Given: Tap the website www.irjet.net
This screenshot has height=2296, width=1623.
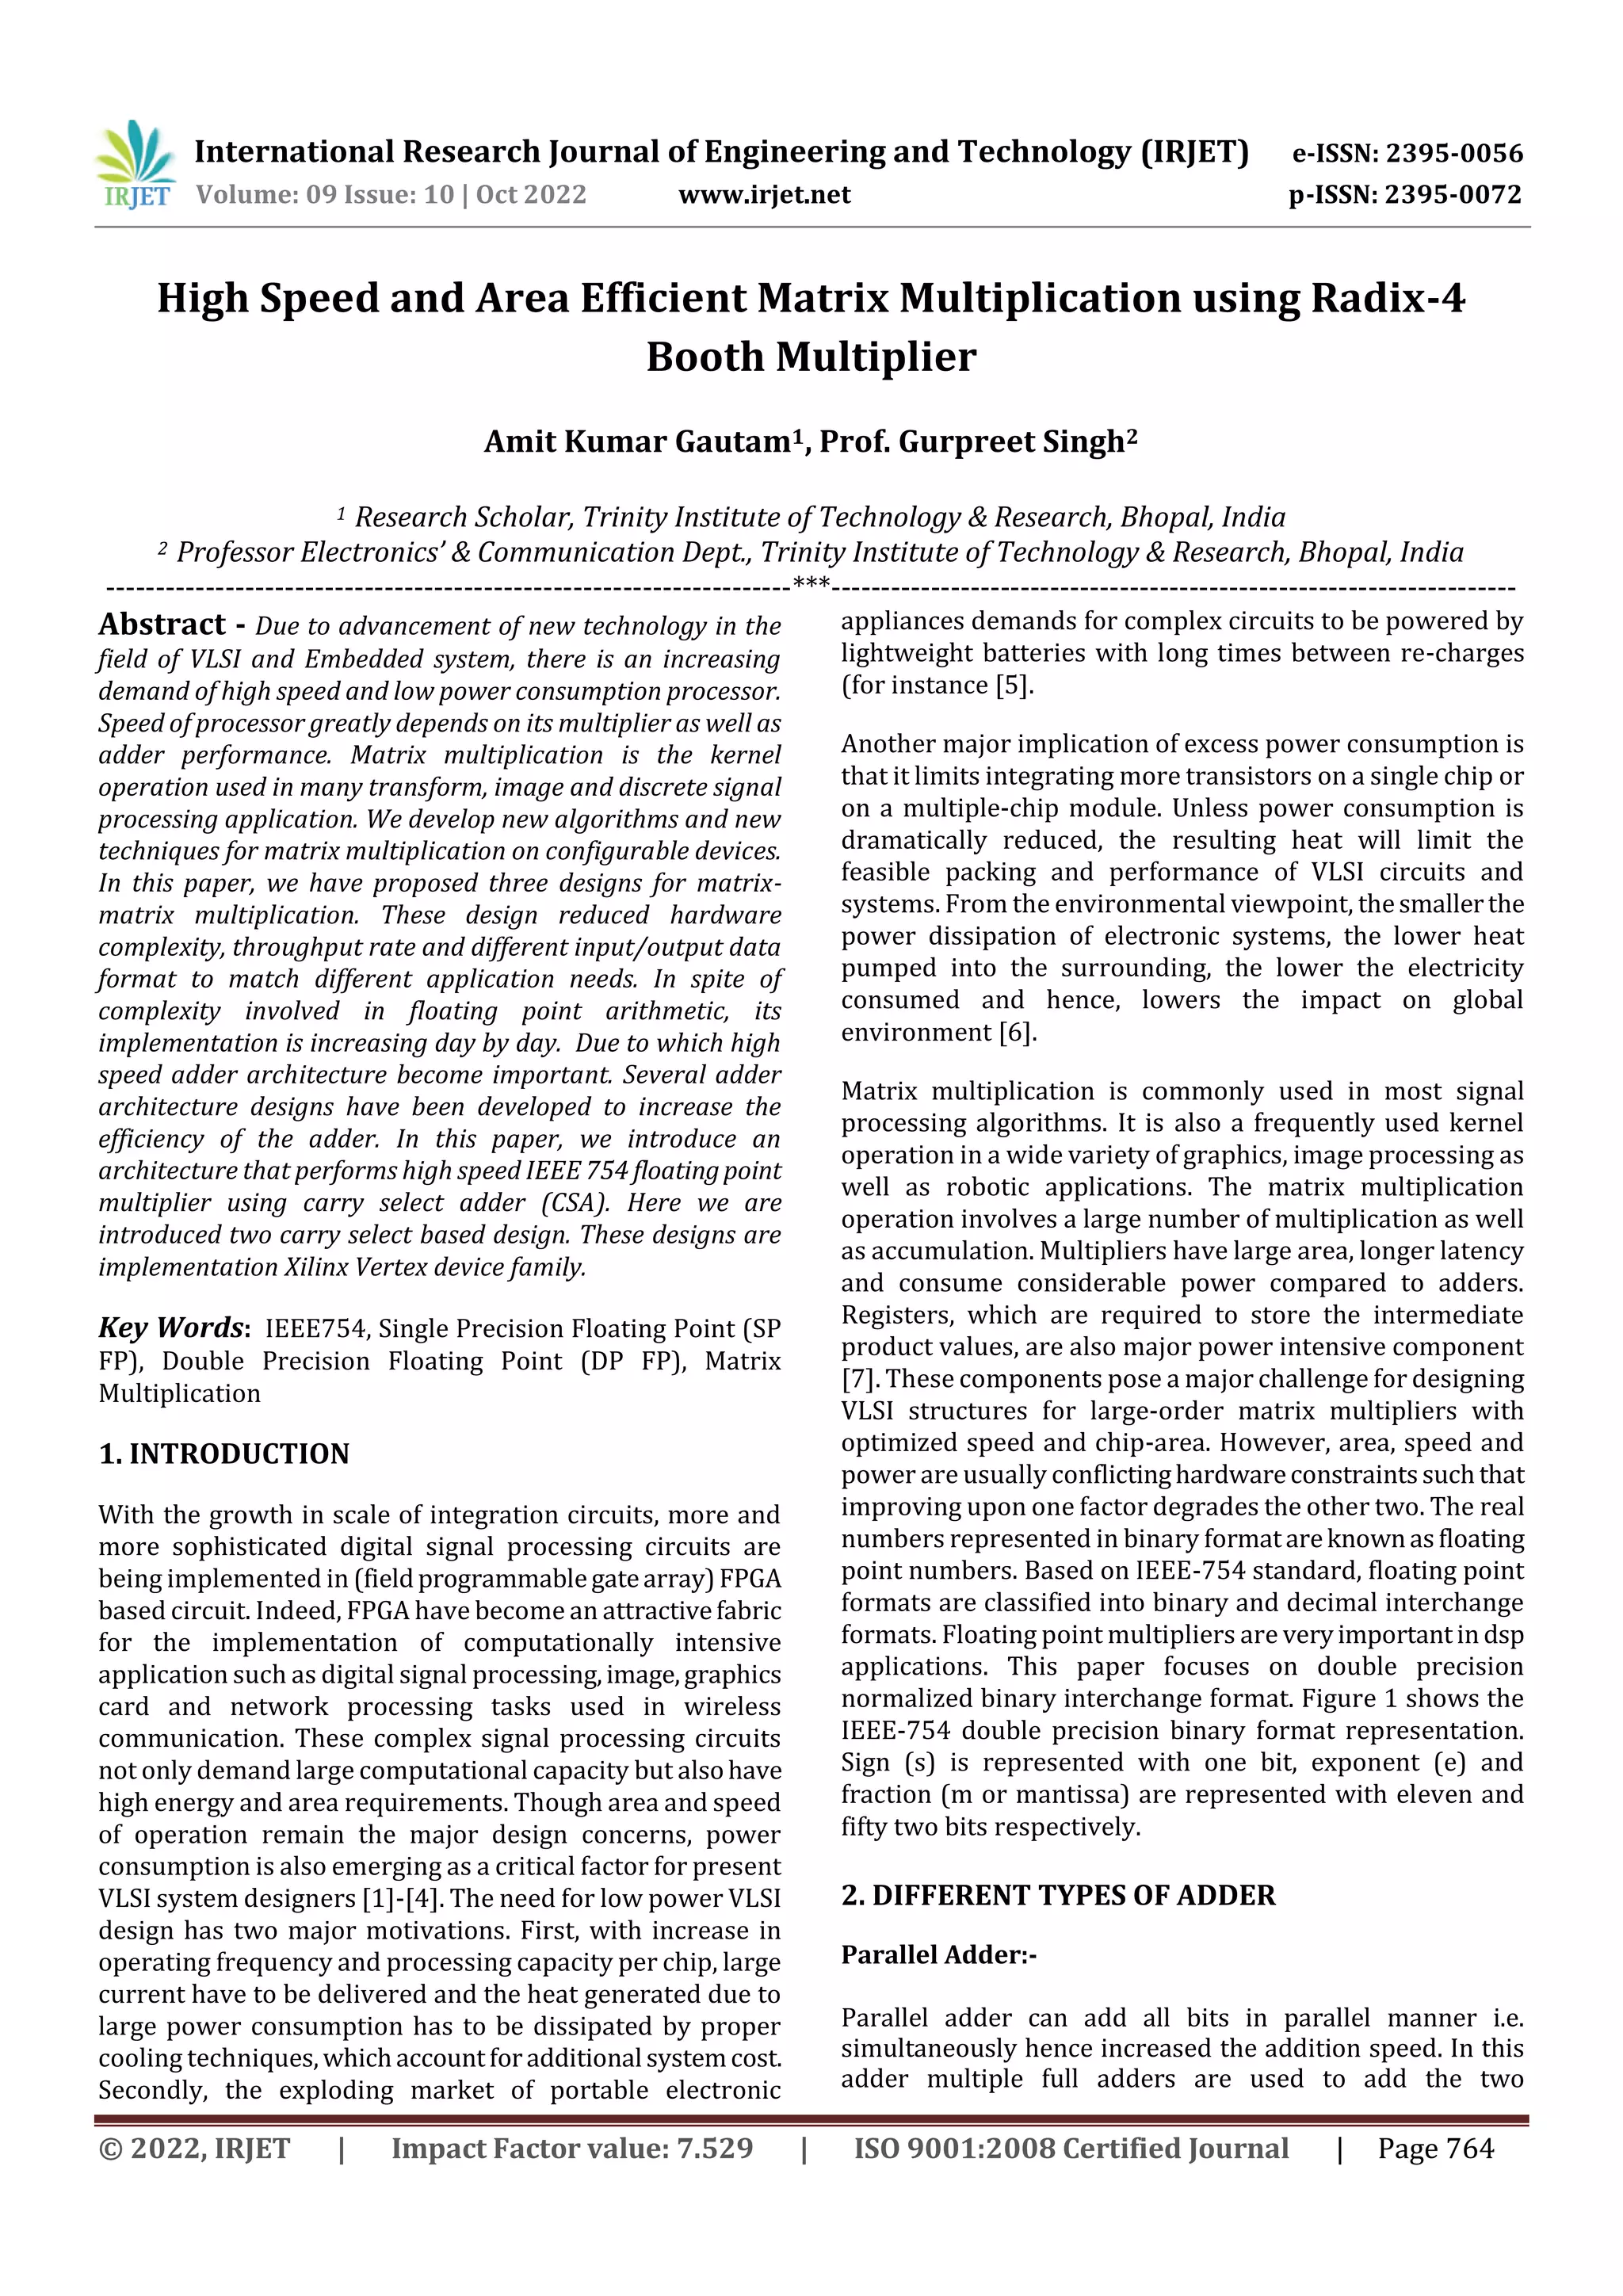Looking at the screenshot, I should coord(764,195).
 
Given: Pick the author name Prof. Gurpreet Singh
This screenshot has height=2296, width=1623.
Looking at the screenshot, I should coord(977,442).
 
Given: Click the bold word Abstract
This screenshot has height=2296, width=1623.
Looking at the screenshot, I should coord(162,625).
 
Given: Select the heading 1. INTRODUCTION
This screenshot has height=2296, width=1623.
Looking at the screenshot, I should coord(224,1454).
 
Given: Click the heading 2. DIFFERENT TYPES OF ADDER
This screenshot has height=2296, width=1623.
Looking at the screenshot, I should coord(1058,1896).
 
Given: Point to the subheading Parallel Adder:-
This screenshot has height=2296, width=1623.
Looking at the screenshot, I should coord(938,1955).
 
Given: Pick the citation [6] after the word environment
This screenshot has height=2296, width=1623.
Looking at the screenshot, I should coord(1018,1032).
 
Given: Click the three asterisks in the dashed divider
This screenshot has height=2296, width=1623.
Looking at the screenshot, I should coord(810,585).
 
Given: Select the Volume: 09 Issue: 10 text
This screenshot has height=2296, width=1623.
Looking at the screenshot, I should coord(324,195).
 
